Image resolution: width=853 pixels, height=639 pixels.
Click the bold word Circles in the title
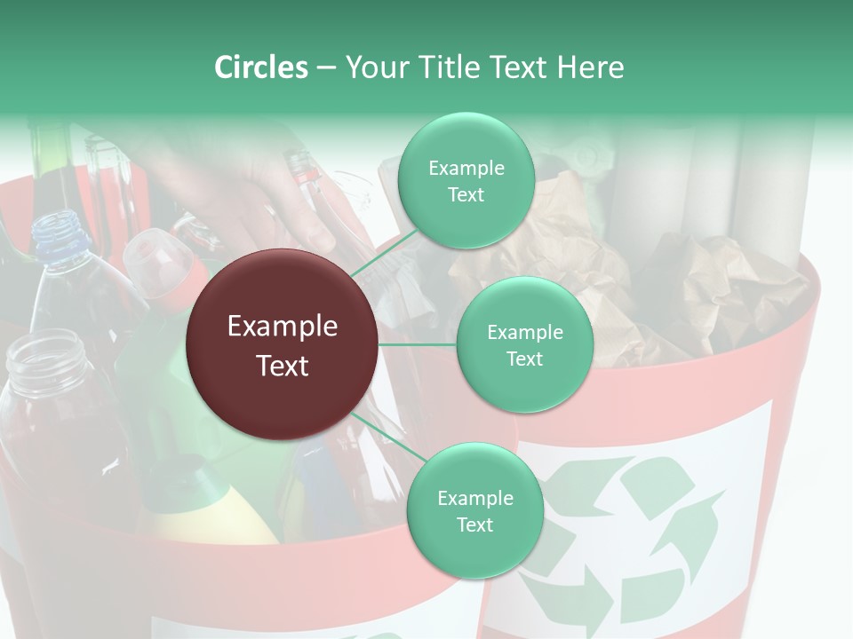tap(260, 67)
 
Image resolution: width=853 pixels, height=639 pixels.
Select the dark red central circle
tap(283, 345)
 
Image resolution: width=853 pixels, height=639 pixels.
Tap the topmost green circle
tap(466, 181)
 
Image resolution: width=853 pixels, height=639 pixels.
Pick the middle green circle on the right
tap(524, 345)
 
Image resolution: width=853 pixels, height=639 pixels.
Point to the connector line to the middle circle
tap(418, 345)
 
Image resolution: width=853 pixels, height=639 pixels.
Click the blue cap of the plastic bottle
tap(57, 232)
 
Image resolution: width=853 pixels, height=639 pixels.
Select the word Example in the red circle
tap(283, 327)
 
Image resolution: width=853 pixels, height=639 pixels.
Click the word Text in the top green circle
tap(466, 195)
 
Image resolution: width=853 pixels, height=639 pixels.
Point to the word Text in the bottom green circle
tap(474, 525)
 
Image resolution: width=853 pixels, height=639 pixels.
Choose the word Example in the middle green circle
tap(524, 333)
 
